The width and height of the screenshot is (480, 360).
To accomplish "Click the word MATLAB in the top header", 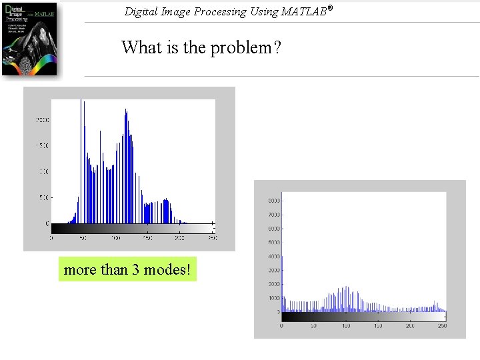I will click(x=303, y=11).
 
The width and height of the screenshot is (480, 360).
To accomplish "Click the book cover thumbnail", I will click(x=29, y=39).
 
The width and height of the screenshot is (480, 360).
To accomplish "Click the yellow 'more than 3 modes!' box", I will click(x=127, y=269).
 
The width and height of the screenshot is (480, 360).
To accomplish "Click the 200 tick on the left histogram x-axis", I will click(x=180, y=237).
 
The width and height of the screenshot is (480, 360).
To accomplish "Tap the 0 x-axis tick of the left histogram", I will click(x=52, y=237).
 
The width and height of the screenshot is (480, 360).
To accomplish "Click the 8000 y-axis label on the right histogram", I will click(x=273, y=201).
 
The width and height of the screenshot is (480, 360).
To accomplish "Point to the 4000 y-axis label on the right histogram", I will click(x=273, y=256).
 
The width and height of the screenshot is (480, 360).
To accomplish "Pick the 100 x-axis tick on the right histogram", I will click(x=346, y=325).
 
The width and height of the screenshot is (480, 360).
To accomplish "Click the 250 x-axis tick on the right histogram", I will click(x=441, y=325).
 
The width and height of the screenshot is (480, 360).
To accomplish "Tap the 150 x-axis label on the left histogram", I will click(x=148, y=237).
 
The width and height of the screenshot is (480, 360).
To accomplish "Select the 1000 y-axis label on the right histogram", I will click(x=273, y=298).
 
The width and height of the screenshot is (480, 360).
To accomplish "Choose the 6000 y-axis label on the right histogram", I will click(x=273, y=229).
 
